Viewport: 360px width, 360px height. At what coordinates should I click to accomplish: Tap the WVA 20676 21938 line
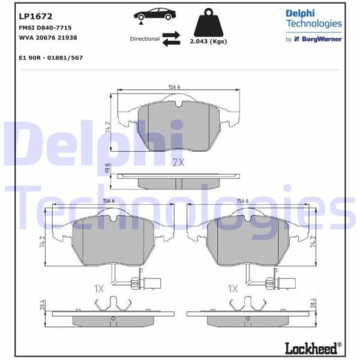click(47, 37)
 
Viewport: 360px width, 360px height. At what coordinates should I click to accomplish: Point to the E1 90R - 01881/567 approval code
click(51, 58)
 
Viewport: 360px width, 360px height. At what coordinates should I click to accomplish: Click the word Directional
click(145, 38)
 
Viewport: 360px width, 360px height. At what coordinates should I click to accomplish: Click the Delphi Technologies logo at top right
click(314, 19)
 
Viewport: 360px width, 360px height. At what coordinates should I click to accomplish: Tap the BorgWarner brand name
click(322, 39)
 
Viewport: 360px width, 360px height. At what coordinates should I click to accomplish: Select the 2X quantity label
click(178, 163)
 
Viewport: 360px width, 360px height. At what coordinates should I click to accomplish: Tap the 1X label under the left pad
click(100, 289)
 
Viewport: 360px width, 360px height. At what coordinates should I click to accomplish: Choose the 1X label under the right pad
click(233, 289)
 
